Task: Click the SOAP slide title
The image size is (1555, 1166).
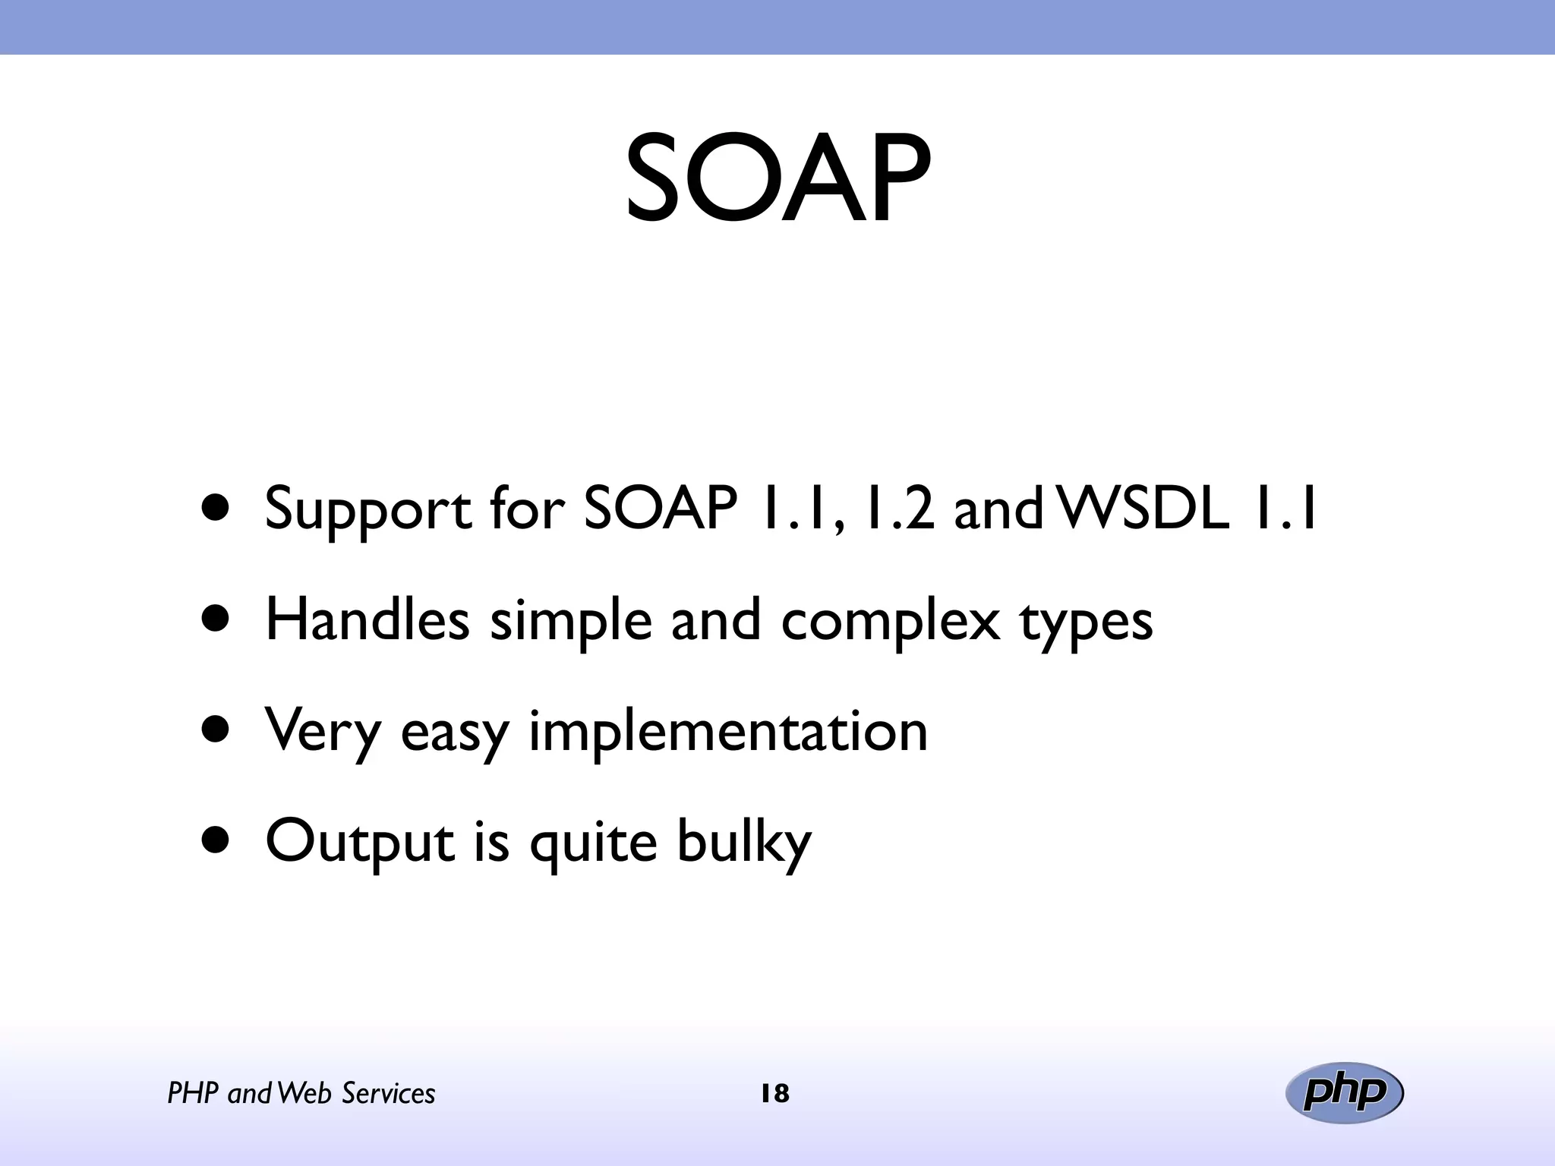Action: point(777,181)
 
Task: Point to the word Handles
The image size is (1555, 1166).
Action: point(367,619)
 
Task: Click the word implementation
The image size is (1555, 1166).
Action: point(727,732)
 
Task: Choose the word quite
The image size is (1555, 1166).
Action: point(592,844)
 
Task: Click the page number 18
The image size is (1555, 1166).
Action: point(774,1094)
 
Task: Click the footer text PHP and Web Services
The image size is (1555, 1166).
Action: point(301,1094)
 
